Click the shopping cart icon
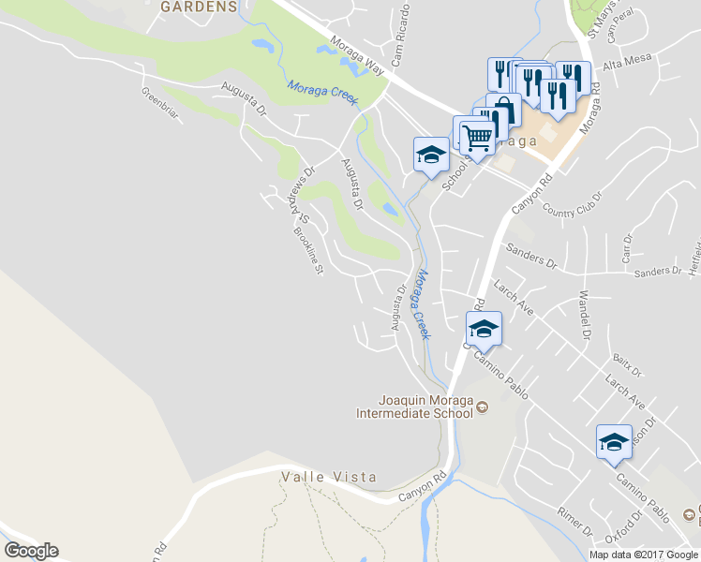coord(477,138)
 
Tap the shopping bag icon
coord(504,109)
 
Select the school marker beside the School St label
coord(431,156)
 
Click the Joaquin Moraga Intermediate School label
coord(419,406)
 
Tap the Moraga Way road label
coord(357,56)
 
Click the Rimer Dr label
coord(574,522)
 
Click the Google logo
coord(31,551)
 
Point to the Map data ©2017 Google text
coord(643,555)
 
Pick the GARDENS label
coord(198,7)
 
